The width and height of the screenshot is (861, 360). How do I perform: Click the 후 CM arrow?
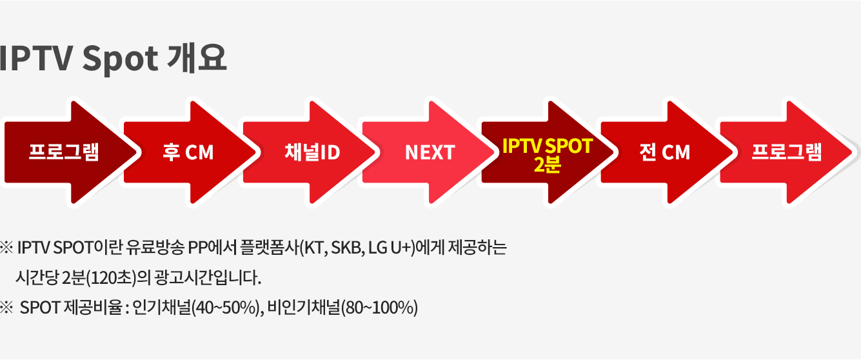pyautogui.click(x=189, y=152)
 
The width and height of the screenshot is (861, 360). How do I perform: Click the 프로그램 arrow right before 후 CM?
pyautogui.click(x=70, y=152)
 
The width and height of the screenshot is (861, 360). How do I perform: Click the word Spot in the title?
pyautogui.click(x=120, y=59)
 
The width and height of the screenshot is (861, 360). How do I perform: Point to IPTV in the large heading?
pyautogui.click(x=35, y=58)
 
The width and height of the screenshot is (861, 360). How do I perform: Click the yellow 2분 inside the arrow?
pyautogui.click(x=548, y=165)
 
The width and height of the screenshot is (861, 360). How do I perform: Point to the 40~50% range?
pyautogui.click(x=226, y=308)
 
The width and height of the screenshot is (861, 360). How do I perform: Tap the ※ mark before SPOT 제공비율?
pyautogui.click(x=6, y=308)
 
